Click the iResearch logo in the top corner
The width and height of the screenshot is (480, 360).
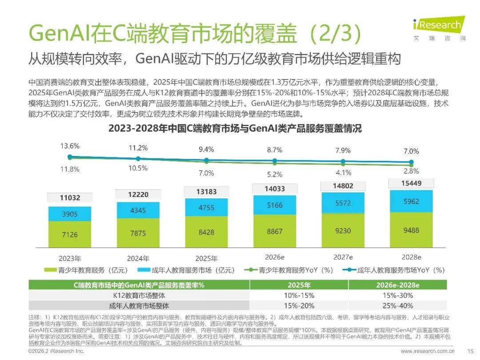[x=437, y=28]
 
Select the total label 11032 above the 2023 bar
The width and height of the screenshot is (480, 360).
[x=70, y=198]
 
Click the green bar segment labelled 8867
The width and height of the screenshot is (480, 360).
[x=274, y=231]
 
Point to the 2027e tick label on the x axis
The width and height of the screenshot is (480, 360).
[x=343, y=257]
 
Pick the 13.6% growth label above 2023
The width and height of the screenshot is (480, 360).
[x=70, y=146]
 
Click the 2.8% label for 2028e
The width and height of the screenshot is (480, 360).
[x=411, y=171]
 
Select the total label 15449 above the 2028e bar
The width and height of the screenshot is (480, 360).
[x=411, y=183]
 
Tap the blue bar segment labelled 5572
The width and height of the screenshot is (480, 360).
[x=343, y=203]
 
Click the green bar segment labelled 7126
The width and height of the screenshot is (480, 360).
[x=70, y=234]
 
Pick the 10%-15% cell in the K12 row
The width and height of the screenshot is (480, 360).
[x=299, y=296]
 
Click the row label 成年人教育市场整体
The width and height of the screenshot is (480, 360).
[x=139, y=306]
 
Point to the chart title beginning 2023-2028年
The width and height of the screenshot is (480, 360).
[x=235, y=129]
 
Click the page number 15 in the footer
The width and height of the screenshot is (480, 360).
[x=470, y=351]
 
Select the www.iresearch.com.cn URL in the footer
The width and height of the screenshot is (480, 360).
[x=427, y=351]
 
